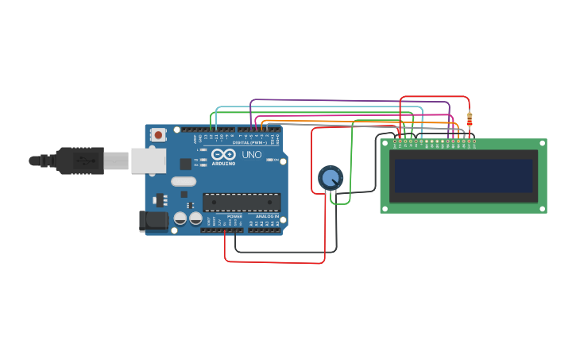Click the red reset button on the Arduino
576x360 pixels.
pos(158,135)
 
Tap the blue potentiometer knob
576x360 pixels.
pos(330,177)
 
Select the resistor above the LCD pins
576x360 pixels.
pos(469,119)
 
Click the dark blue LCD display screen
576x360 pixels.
pos(463,176)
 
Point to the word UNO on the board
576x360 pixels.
pos(251,154)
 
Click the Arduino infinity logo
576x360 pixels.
pos(223,154)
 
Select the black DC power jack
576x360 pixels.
pos(153,221)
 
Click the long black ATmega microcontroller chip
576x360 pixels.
pos(242,203)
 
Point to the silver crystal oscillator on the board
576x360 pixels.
pos(184,193)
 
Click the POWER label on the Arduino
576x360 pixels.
pos(235,216)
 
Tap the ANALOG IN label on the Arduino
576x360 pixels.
pos(266,216)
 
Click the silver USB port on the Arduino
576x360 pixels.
pos(149,161)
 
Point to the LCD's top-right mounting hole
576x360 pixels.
pos(543,143)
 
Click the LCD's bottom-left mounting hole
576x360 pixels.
pos(385,209)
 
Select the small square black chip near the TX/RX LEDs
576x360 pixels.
pos(185,164)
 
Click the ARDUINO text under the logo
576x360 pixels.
pos(223,163)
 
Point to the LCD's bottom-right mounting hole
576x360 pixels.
pos(543,209)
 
